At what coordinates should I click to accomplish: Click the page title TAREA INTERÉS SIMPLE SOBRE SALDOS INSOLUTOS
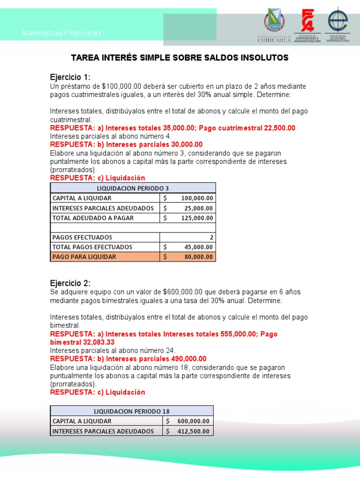[180, 58]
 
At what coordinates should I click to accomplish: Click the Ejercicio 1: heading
[70, 77]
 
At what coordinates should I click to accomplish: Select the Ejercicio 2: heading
[70, 283]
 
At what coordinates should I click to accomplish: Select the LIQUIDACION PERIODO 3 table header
[133, 188]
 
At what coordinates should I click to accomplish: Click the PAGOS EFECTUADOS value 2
[210, 237]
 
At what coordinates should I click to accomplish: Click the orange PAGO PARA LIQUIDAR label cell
[105, 257]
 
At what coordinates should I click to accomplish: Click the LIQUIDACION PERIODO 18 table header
[132, 411]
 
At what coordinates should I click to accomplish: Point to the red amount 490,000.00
[179, 359]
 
